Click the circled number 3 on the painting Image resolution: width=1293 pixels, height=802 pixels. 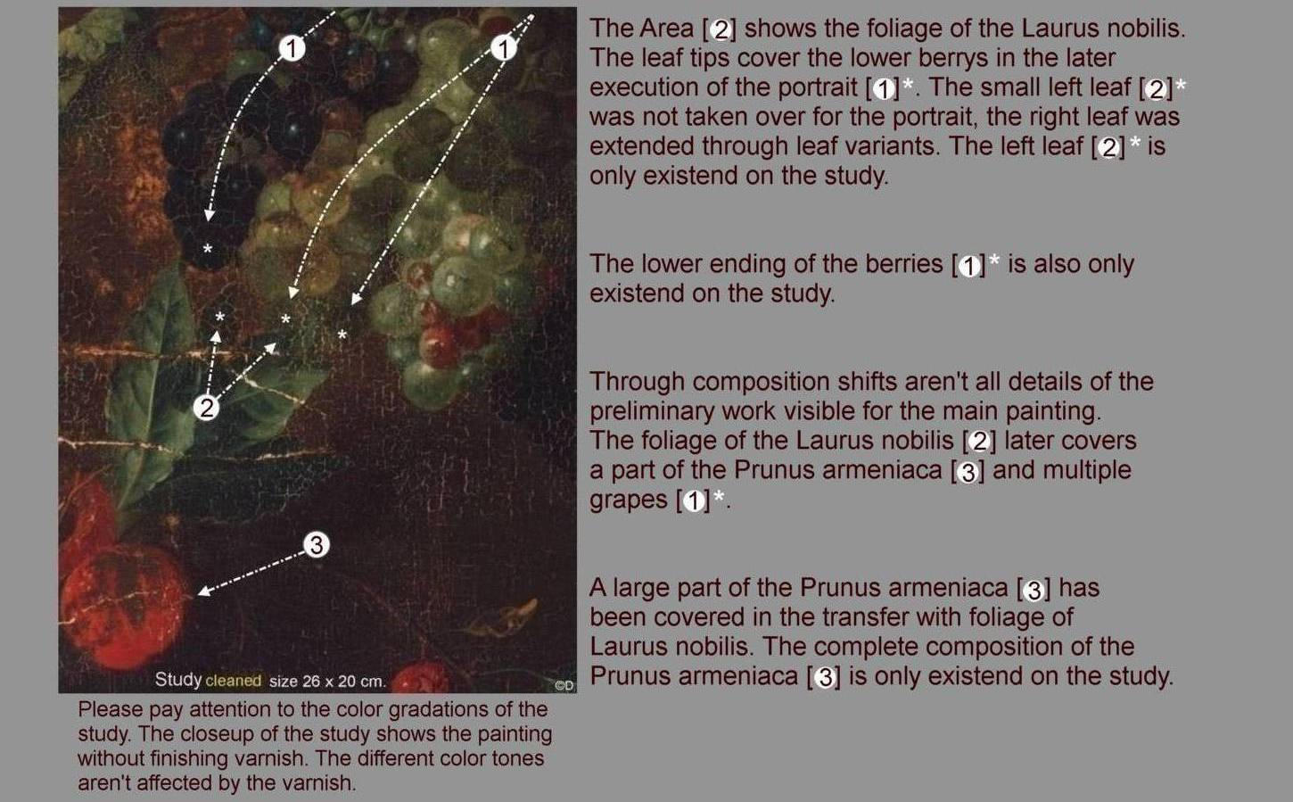[x=317, y=544]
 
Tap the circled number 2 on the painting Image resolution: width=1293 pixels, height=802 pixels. [x=206, y=408]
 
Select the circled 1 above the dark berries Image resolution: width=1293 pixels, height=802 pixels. [x=292, y=48]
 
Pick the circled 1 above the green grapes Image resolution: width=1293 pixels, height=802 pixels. [x=503, y=48]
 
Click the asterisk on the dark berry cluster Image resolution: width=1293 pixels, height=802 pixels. [x=208, y=249]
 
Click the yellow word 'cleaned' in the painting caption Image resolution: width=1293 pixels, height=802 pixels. [x=234, y=681]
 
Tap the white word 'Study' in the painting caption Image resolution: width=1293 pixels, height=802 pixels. [x=177, y=680]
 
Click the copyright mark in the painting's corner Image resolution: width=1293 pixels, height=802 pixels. [x=564, y=685]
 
